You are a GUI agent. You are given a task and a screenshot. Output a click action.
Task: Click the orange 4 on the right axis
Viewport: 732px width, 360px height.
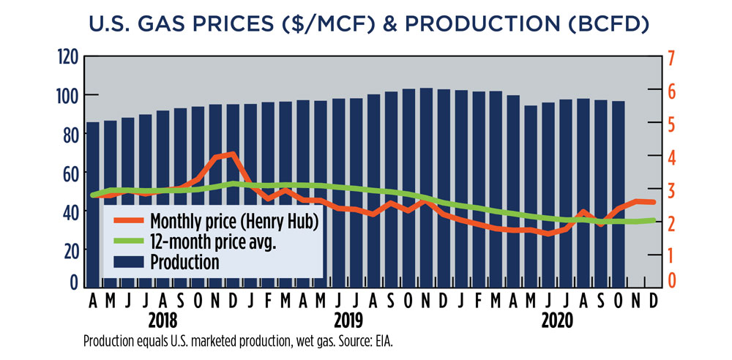click(x=671, y=157)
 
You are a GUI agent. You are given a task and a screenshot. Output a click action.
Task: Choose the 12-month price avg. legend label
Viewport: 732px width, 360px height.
click(x=212, y=241)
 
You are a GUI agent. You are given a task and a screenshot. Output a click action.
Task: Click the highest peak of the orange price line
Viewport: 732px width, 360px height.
click(x=231, y=154)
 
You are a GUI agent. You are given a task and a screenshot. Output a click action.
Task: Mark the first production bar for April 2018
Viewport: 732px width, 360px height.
click(x=93, y=205)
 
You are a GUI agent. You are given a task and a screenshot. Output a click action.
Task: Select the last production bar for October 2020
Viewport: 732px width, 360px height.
click(x=619, y=194)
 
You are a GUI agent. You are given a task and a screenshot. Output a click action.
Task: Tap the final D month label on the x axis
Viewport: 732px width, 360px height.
click(x=652, y=301)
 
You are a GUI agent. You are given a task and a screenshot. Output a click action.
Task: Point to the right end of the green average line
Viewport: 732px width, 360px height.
click(x=654, y=220)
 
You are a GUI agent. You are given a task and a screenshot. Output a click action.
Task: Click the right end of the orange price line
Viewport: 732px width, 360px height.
click(x=654, y=202)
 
